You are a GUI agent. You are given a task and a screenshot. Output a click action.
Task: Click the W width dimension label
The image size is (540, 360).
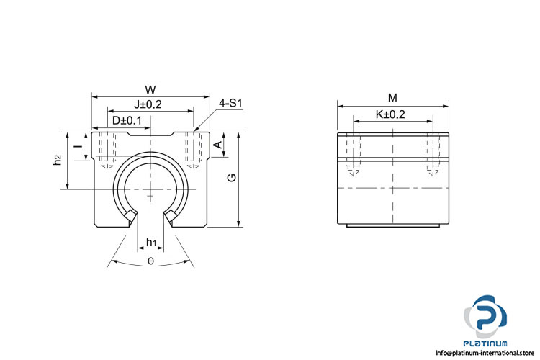pos(150,90)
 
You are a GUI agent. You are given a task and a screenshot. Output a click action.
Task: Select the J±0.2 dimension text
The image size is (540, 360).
pos(148,104)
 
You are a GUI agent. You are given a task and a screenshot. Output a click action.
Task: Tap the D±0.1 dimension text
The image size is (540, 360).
pos(127,120)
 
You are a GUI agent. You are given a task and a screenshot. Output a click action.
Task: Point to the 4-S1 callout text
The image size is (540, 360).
pos(230,103)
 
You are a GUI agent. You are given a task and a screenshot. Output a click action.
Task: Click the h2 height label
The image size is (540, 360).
pos(57,160)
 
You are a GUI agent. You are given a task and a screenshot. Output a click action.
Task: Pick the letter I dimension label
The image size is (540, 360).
pos(79,146)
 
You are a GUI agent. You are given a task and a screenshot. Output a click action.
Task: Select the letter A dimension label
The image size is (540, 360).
pos(218,145)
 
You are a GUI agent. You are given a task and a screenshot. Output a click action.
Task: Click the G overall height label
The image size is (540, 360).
pos(232,177)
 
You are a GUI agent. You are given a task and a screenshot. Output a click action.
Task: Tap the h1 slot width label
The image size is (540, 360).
pos(151,243)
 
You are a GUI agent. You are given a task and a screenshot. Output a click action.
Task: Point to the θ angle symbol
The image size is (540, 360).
pos(151,261)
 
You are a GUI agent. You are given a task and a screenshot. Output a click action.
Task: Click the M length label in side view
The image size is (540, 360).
pos(392,98)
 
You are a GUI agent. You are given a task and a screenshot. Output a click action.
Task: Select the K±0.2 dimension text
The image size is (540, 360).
pos(390,114)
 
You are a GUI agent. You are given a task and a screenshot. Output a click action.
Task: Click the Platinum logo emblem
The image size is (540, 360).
pos(485,317)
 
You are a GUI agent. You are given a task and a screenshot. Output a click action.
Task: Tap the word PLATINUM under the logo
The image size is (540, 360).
pos(485,343)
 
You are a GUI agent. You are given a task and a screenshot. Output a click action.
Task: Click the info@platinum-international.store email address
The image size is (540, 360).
pos(485,352)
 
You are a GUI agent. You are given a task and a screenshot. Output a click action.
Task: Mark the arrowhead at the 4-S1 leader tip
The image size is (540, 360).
pos(194,131)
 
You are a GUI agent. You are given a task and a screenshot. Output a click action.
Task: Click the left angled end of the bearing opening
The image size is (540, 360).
pos(130,216)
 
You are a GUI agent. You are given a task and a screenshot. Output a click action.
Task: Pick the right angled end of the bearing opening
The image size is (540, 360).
pos(171,216)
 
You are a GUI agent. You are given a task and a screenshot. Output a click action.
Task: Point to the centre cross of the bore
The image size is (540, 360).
pos(150,189)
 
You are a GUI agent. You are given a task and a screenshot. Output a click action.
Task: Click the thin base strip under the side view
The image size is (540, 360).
pos(393,225)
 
